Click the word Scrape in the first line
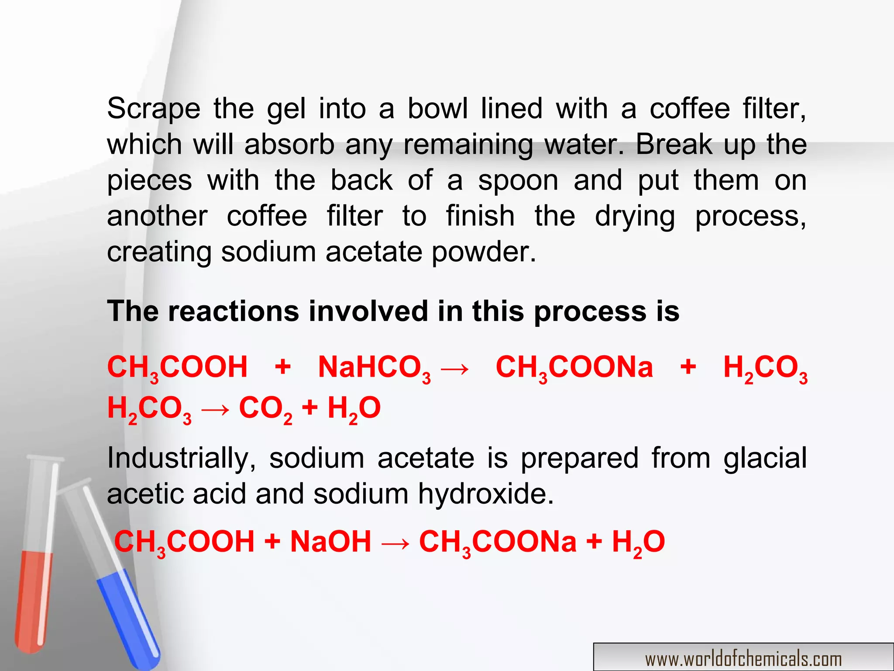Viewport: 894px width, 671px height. coord(154,109)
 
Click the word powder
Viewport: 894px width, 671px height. coord(483,253)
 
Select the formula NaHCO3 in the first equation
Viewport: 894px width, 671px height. coord(374,368)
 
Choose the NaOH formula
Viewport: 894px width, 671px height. coord(330,542)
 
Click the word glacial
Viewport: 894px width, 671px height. coord(765,459)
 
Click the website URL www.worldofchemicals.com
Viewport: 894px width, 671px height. coord(743,659)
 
